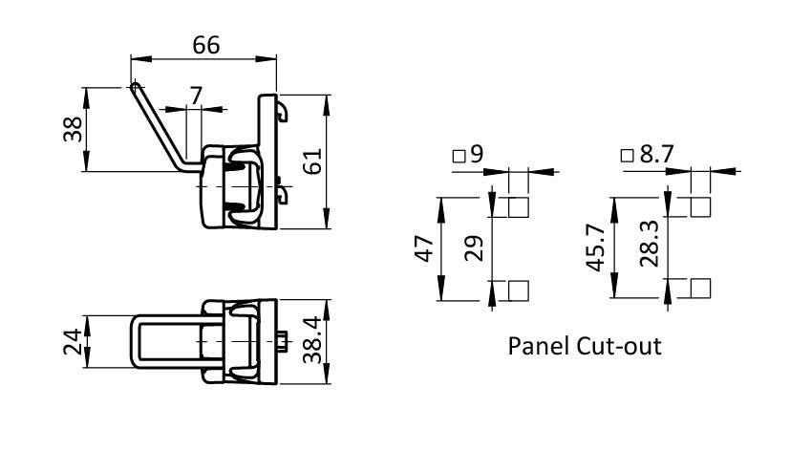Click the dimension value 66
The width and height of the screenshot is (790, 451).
[205, 46]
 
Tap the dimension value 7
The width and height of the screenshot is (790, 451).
[196, 95]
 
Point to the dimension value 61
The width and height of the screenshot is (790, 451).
[311, 162]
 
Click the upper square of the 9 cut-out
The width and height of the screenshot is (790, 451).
[519, 207]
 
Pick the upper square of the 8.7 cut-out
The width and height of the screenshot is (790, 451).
[699, 207]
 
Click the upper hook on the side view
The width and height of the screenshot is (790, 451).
[283, 114]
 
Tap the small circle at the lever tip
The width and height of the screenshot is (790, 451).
[135, 86]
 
